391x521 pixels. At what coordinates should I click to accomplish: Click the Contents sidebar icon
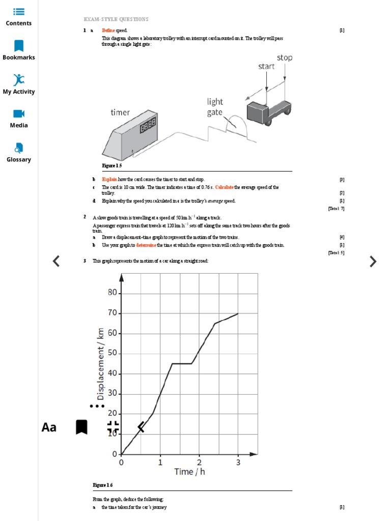19,12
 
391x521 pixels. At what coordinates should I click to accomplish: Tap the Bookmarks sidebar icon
19,46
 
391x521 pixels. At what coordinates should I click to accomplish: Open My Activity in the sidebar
19,80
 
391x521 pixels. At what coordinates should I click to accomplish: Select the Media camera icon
19,113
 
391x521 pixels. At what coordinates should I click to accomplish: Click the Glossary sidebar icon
19,148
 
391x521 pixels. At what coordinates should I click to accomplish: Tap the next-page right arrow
373,262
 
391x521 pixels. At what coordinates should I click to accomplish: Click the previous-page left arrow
56,262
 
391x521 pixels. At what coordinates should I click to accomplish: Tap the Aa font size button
49,427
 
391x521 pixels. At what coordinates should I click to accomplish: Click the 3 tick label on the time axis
238,462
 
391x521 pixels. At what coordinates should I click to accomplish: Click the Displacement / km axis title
100,364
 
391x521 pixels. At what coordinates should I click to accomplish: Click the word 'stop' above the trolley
285,57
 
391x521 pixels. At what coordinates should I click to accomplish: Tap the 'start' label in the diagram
266,66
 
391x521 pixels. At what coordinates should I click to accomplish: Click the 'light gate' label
215,107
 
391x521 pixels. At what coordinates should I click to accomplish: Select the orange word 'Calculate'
225,187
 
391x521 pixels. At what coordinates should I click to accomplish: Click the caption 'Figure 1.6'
102,485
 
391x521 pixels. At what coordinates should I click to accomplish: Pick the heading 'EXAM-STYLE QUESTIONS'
116,19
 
